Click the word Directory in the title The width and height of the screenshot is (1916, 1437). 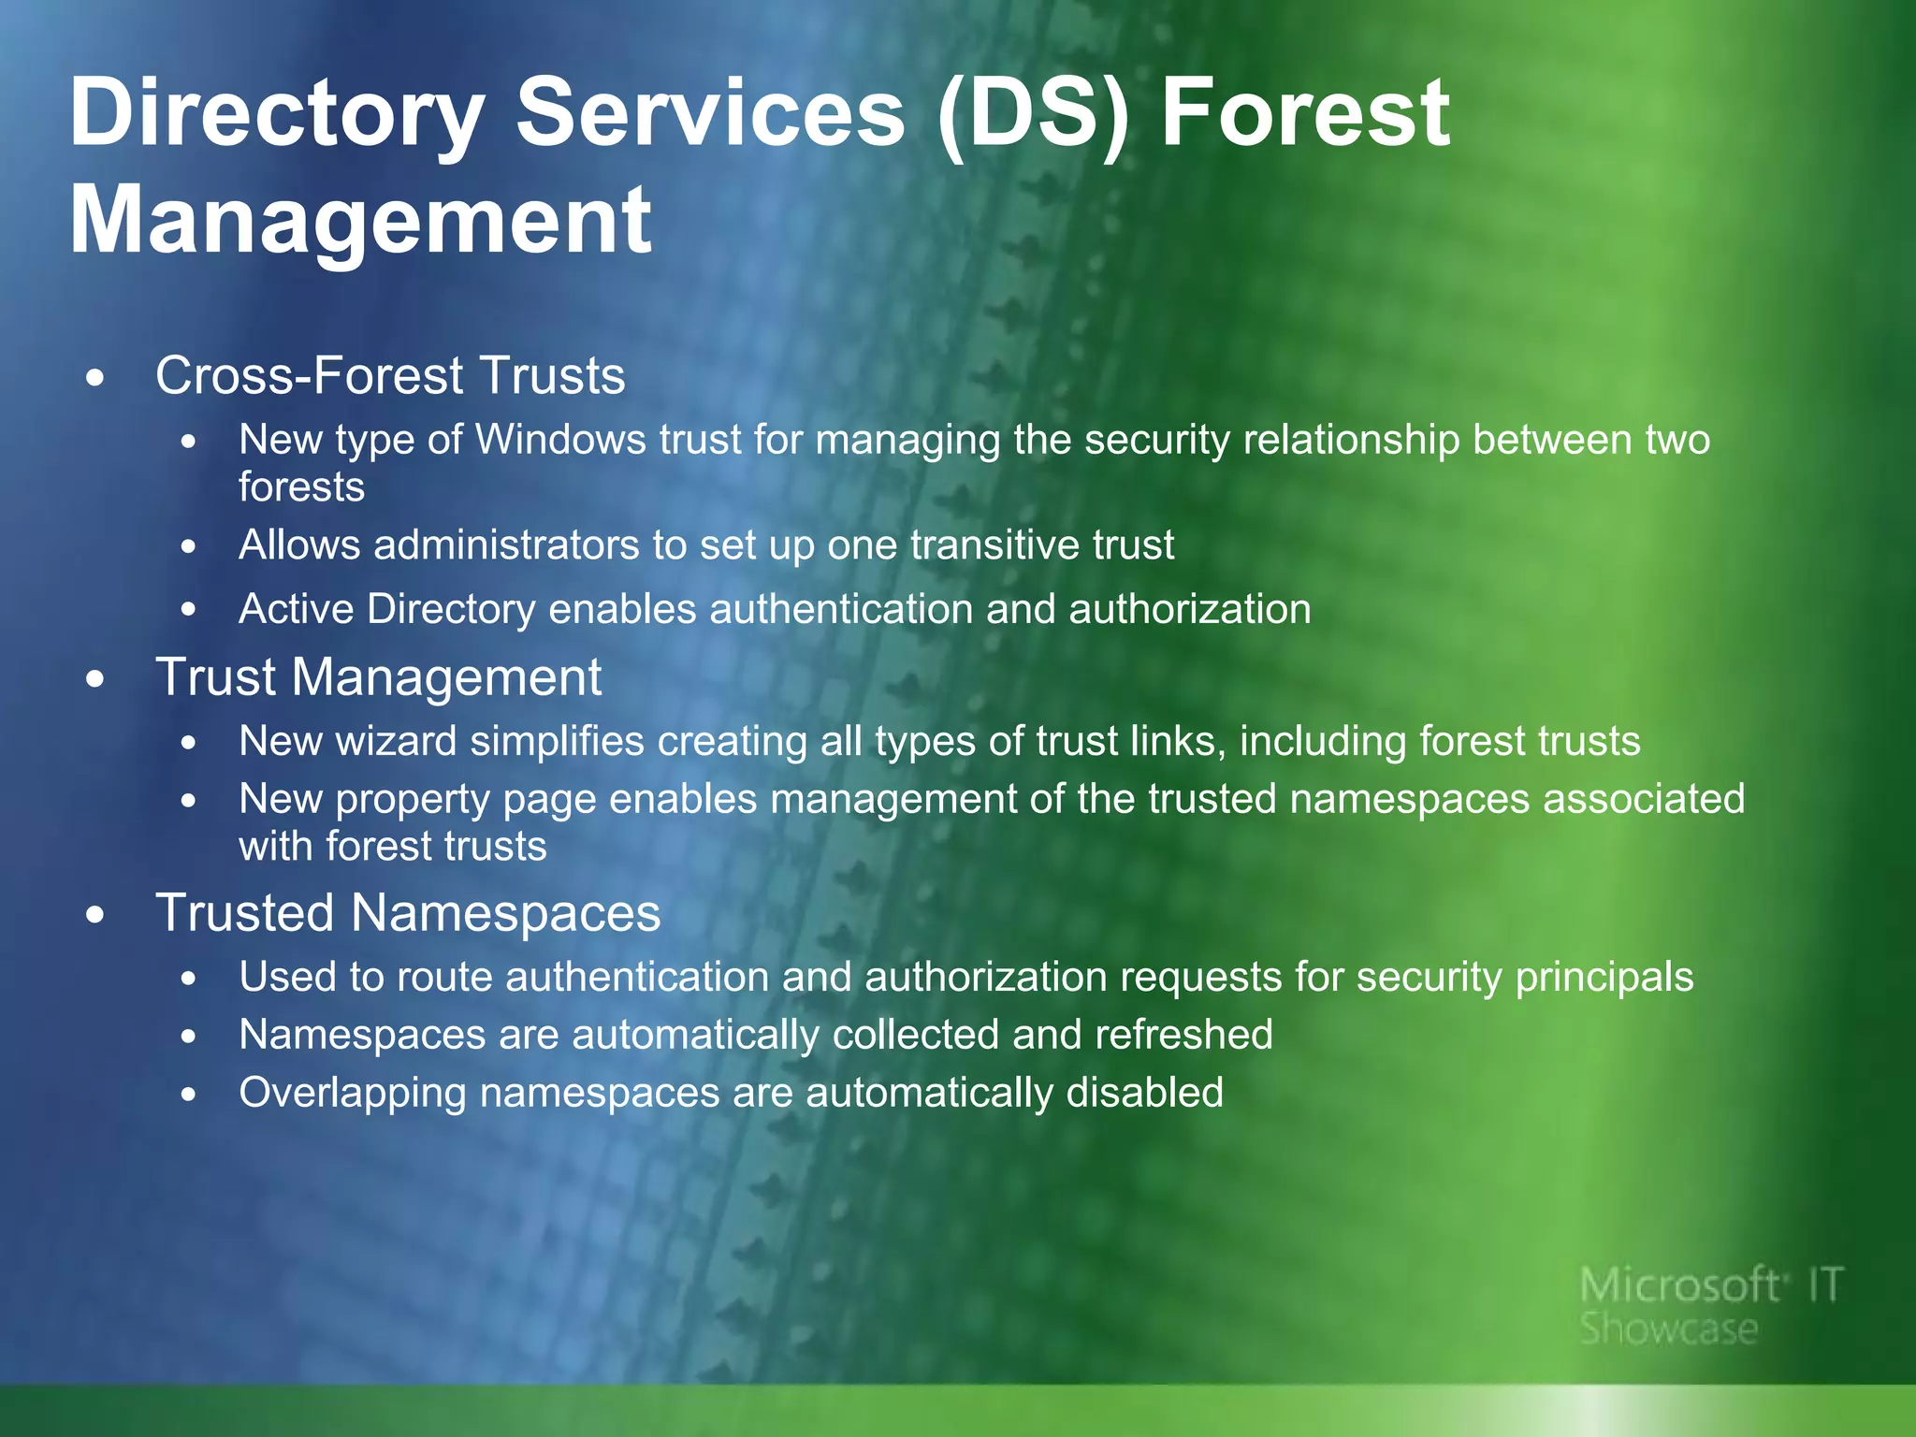point(276,114)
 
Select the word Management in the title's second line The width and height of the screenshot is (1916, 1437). point(360,221)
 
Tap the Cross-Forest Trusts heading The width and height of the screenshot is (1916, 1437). point(389,376)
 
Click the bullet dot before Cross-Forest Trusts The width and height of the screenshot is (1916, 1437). point(94,379)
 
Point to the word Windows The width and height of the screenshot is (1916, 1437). point(560,440)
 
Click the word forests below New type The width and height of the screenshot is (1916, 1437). point(301,487)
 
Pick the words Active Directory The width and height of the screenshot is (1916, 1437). point(386,609)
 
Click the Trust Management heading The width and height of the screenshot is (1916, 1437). point(378,677)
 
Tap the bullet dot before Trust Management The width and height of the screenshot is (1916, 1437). point(94,680)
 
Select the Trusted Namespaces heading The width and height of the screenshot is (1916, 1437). point(408,913)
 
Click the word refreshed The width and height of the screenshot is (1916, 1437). point(1183,1036)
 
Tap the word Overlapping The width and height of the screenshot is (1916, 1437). point(352,1094)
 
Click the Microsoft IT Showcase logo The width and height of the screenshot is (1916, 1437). point(1708,1305)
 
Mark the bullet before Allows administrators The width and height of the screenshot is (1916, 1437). point(189,547)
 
